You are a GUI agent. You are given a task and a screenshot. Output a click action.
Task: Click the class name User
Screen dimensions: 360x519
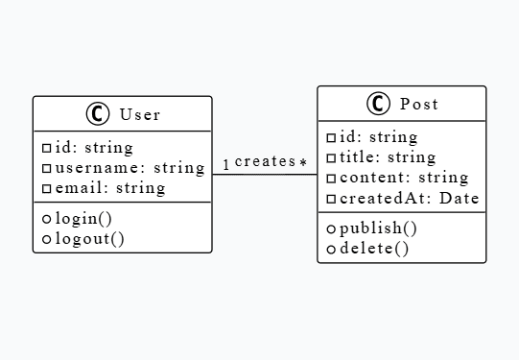tap(140, 114)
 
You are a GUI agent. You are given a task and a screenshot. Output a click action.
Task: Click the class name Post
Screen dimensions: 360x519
tap(418, 104)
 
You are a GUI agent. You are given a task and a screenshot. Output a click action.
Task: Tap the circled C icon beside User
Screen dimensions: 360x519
tap(98, 114)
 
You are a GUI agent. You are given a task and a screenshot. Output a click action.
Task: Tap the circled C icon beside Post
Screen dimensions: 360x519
tap(377, 104)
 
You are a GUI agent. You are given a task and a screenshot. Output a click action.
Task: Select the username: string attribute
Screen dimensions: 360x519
tap(130, 168)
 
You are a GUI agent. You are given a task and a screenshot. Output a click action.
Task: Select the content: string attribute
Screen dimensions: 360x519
tap(403, 178)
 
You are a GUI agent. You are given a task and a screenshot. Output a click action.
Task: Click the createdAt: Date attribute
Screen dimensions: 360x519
tap(409, 198)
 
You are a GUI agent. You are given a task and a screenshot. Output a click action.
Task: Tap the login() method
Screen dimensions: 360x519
tap(83, 218)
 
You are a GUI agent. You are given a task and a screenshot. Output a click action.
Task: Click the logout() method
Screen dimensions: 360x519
tap(89, 238)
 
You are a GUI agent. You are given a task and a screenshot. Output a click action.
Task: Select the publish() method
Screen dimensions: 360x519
tap(378, 228)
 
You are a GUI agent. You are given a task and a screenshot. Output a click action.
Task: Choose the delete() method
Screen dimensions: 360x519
tap(374, 249)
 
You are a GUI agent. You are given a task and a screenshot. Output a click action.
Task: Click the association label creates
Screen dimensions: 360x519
tap(264, 161)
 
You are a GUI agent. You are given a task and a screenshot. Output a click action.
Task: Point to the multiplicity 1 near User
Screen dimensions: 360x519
tap(226, 164)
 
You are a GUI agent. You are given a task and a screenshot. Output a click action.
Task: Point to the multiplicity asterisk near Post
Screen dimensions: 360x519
tap(303, 163)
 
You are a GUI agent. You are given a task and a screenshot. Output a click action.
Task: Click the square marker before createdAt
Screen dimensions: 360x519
tap(331, 199)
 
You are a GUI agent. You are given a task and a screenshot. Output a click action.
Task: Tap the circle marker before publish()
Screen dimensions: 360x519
tap(331, 229)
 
